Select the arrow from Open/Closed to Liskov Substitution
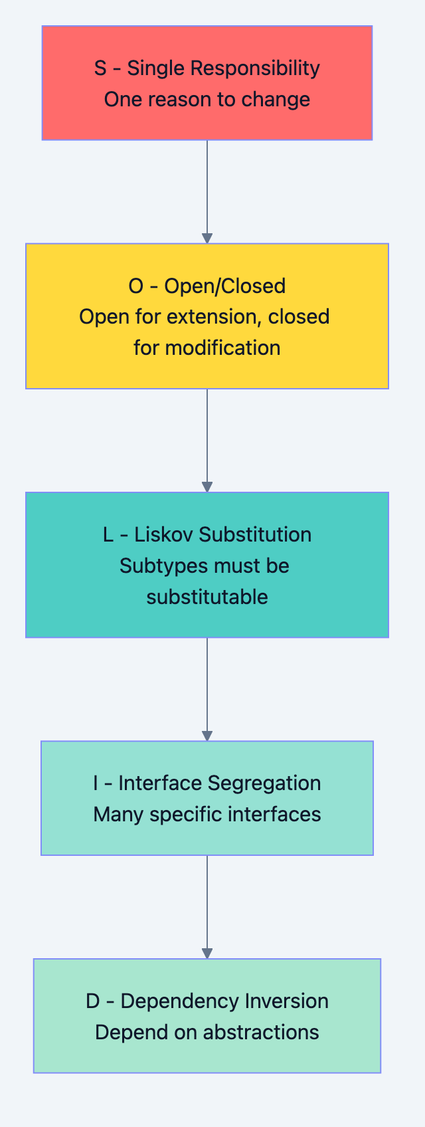[x=207, y=440]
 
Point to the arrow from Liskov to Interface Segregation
[x=207, y=688]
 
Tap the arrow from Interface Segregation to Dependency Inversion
[x=207, y=906]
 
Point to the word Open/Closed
[x=225, y=286]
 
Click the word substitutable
[x=207, y=597]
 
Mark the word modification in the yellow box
[x=222, y=348]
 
